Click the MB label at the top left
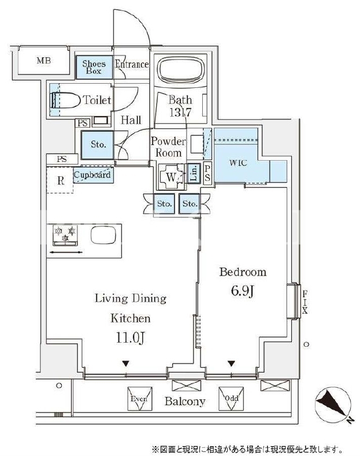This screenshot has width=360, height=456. (43, 61)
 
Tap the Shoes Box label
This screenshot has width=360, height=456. (94, 67)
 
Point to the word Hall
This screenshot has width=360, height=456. (131, 120)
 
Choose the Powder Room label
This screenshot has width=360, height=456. (168, 147)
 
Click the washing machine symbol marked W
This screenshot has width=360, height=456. (172, 177)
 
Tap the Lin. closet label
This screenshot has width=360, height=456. (194, 173)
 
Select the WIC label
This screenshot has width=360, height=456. (238, 163)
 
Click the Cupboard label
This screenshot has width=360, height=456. (92, 175)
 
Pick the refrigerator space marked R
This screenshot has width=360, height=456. (60, 180)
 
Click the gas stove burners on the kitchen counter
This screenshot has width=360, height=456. (65, 235)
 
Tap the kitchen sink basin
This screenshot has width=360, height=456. (103, 235)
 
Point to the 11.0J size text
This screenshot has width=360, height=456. (130, 338)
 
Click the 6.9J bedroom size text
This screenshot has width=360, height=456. (243, 291)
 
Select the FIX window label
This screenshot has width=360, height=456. (305, 302)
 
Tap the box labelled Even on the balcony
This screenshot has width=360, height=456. (140, 398)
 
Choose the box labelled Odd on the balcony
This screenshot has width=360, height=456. (231, 398)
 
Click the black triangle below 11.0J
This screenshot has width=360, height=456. (125, 364)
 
